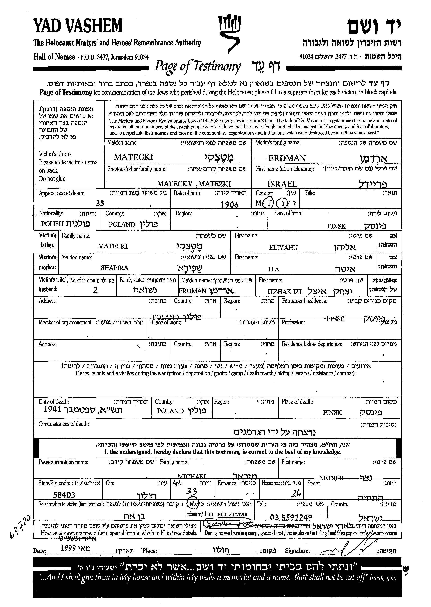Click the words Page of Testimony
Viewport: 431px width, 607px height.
[x=198, y=66]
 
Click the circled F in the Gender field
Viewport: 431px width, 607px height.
[x=269, y=203]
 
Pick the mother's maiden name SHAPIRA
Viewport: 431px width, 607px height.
[x=114, y=268]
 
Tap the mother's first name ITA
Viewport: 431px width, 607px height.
[x=274, y=269]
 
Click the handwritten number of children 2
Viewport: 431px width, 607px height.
[x=95, y=290]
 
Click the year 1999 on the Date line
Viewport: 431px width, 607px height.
[x=69, y=548]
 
